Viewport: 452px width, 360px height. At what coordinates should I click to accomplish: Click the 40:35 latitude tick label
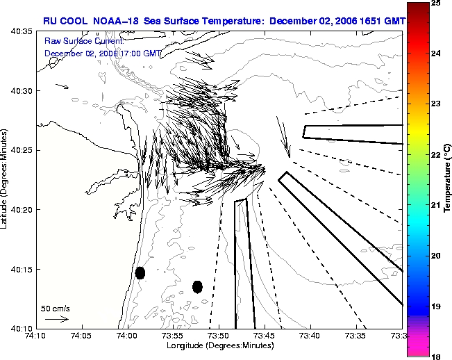[22, 31]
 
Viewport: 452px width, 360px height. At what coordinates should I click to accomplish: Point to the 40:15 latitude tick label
[22, 270]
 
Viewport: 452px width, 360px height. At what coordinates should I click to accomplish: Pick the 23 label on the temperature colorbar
[435, 104]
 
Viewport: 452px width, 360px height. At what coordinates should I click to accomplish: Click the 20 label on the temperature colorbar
[435, 256]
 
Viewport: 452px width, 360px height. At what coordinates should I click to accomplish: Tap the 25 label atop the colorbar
[435, 3]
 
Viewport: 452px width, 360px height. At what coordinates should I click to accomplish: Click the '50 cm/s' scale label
[56, 309]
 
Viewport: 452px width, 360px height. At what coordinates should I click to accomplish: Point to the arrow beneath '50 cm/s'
[57, 319]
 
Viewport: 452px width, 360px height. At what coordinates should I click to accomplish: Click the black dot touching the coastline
[140, 273]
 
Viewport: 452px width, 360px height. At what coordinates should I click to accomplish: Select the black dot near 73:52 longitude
[197, 287]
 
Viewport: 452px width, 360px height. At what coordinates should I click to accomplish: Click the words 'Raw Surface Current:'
[84, 41]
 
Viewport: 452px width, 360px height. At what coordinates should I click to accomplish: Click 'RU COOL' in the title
[65, 21]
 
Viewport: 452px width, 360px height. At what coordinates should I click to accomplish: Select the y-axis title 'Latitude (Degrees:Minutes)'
[3, 179]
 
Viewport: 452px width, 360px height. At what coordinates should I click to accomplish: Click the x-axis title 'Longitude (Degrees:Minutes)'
[220, 345]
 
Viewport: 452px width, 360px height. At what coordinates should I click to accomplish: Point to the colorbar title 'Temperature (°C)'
[447, 179]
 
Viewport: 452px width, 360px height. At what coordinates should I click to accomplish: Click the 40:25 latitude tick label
[22, 150]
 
